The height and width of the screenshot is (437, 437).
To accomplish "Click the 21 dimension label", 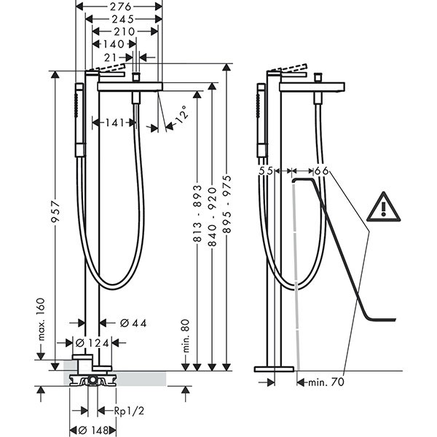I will coord(111,57).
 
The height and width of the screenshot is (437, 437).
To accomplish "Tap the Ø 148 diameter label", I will coord(97,430).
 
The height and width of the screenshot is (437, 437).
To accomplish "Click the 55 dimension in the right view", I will coord(265,170).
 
